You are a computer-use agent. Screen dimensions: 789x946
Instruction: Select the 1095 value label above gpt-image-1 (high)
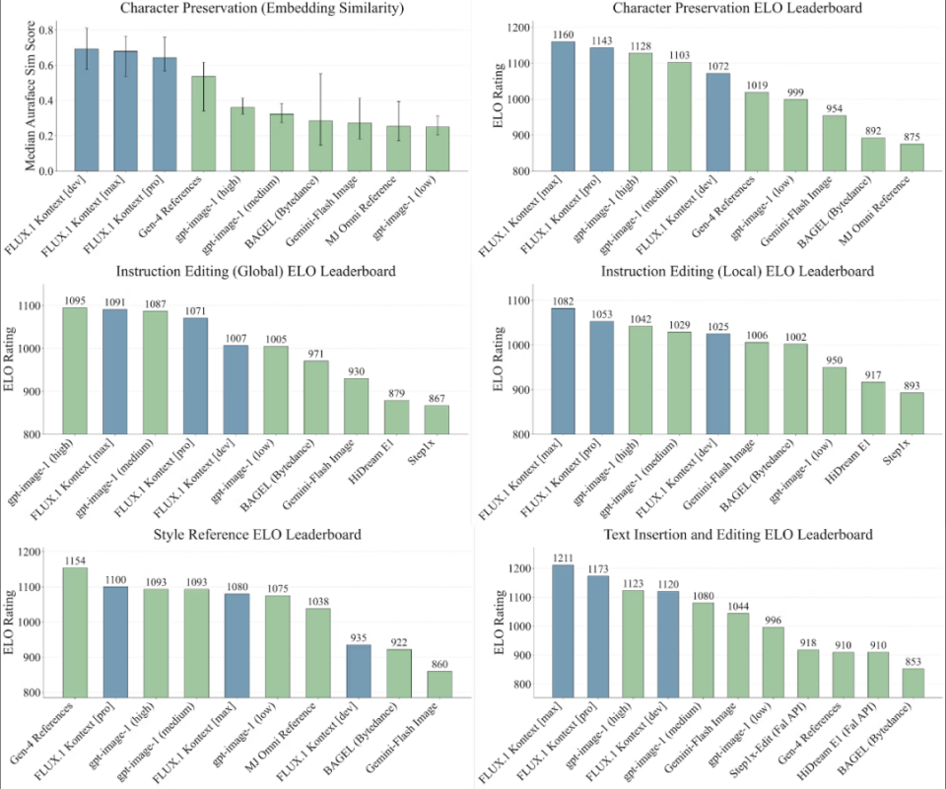[75, 299]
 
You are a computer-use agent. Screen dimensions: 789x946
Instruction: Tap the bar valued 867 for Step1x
[437, 420]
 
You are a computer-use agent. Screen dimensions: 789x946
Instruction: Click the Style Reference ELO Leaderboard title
[236, 535]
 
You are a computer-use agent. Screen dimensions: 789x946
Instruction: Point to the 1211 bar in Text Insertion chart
[563, 631]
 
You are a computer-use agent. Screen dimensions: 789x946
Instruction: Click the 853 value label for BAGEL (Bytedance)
[912, 661]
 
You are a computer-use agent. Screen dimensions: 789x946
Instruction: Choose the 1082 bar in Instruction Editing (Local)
[563, 370]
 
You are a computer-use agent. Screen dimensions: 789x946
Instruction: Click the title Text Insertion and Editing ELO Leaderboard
[709, 535]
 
